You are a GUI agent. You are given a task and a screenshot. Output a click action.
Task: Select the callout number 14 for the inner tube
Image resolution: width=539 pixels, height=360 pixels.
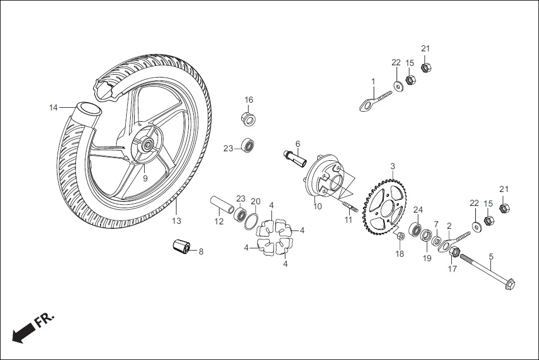53,108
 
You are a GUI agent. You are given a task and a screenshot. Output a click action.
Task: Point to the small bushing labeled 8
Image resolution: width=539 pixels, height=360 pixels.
180,246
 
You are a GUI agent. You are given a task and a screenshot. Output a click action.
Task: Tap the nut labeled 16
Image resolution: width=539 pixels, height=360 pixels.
249,118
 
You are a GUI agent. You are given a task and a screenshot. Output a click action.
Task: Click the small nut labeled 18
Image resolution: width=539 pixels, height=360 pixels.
400,237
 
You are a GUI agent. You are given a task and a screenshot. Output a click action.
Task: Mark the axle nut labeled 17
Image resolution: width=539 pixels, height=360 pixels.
455,252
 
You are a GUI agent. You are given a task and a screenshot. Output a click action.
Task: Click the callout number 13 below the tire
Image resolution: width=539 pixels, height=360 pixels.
176,221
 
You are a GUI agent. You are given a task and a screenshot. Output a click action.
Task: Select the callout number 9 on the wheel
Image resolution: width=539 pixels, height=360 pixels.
145,179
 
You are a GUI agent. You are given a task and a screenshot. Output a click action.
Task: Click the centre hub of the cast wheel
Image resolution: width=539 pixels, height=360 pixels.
147,145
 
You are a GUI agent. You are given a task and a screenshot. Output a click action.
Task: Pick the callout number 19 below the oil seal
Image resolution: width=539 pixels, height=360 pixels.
427,258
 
